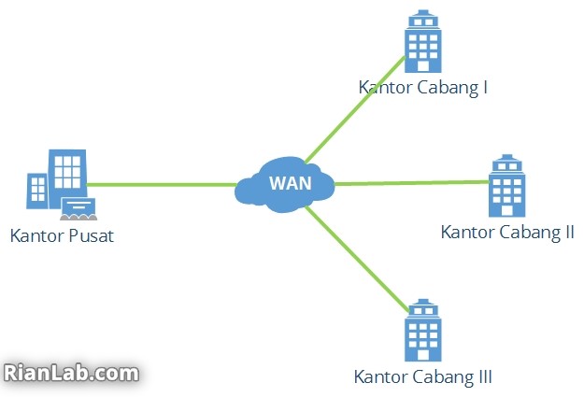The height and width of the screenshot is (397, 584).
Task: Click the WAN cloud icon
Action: (x=285, y=185)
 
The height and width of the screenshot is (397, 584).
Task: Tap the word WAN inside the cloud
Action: (x=291, y=183)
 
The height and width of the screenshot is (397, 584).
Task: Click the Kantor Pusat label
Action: (x=62, y=235)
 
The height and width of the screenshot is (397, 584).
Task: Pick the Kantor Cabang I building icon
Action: (x=422, y=41)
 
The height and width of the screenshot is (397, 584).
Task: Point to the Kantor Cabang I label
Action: (x=423, y=88)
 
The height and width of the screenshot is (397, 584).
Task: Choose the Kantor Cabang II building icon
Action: (x=506, y=186)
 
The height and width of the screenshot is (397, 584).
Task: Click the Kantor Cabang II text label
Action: (x=507, y=233)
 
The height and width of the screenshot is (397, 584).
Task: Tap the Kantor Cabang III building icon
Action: (x=422, y=331)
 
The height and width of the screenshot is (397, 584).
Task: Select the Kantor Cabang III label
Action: (x=423, y=376)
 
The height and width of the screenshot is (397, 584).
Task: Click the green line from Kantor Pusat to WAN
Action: (x=162, y=184)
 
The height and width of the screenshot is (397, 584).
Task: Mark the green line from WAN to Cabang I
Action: (x=355, y=110)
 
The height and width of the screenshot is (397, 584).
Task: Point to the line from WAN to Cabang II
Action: (x=412, y=183)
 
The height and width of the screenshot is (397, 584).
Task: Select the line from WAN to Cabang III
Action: (x=357, y=259)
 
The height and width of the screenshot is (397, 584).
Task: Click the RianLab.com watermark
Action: (x=71, y=373)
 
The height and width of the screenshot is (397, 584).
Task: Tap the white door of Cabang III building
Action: (x=422, y=355)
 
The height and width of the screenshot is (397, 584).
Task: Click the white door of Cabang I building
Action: (x=422, y=66)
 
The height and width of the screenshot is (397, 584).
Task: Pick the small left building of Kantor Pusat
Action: (x=37, y=191)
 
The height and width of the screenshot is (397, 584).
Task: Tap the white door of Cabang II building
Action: (x=506, y=210)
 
